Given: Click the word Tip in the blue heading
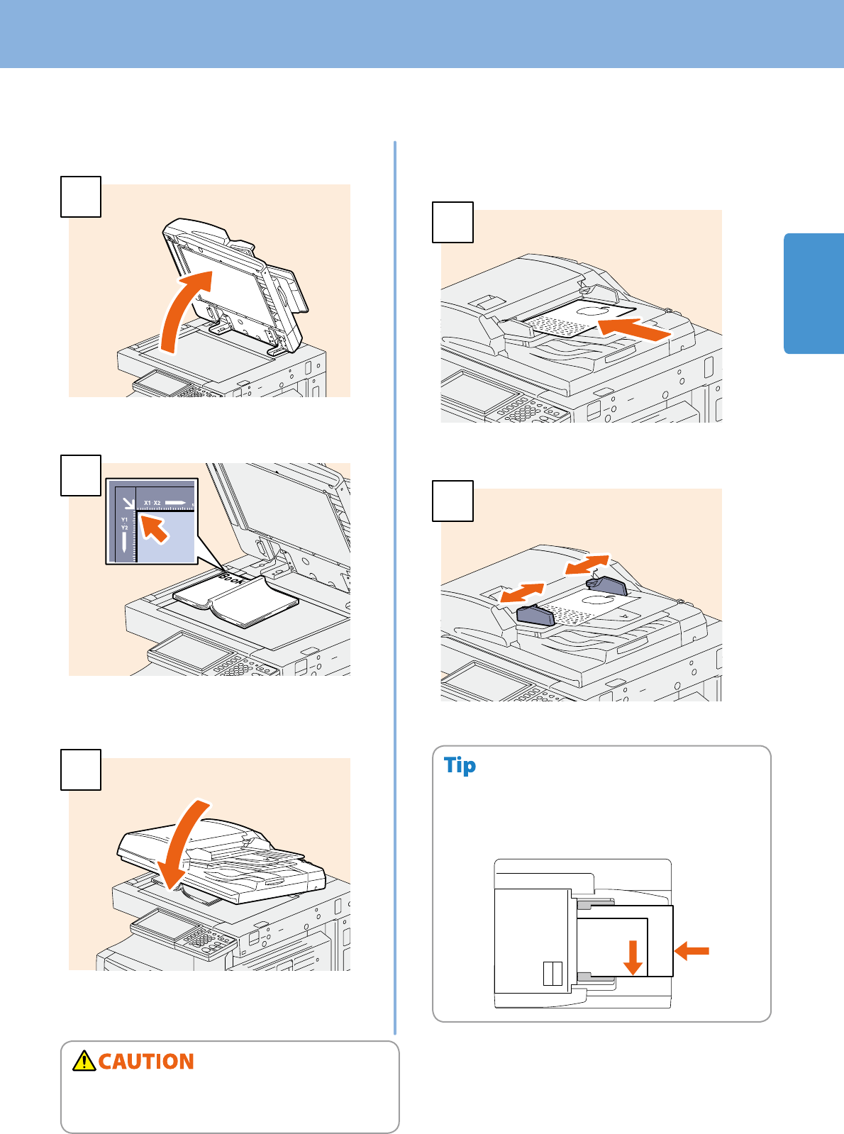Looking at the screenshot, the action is (x=460, y=766).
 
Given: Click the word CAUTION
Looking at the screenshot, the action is (x=146, y=1062).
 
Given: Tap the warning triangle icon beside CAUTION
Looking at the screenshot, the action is (x=84, y=1060).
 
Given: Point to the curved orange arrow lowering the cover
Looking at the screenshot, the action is (x=181, y=844).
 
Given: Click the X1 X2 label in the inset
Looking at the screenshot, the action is (x=152, y=503).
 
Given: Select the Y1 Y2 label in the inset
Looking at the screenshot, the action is (x=124, y=524).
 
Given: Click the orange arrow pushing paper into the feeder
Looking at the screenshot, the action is (x=633, y=330).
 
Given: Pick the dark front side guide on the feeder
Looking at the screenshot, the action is (x=535, y=616).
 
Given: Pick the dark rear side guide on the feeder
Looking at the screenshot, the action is (x=606, y=586).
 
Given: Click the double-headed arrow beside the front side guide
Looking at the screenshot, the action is (x=521, y=593).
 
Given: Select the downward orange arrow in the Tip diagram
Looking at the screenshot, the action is (x=633, y=957).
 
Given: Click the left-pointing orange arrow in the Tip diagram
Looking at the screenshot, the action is (x=692, y=950).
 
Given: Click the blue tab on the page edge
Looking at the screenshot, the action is (x=814, y=293).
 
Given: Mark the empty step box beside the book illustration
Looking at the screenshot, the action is (x=80, y=475).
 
